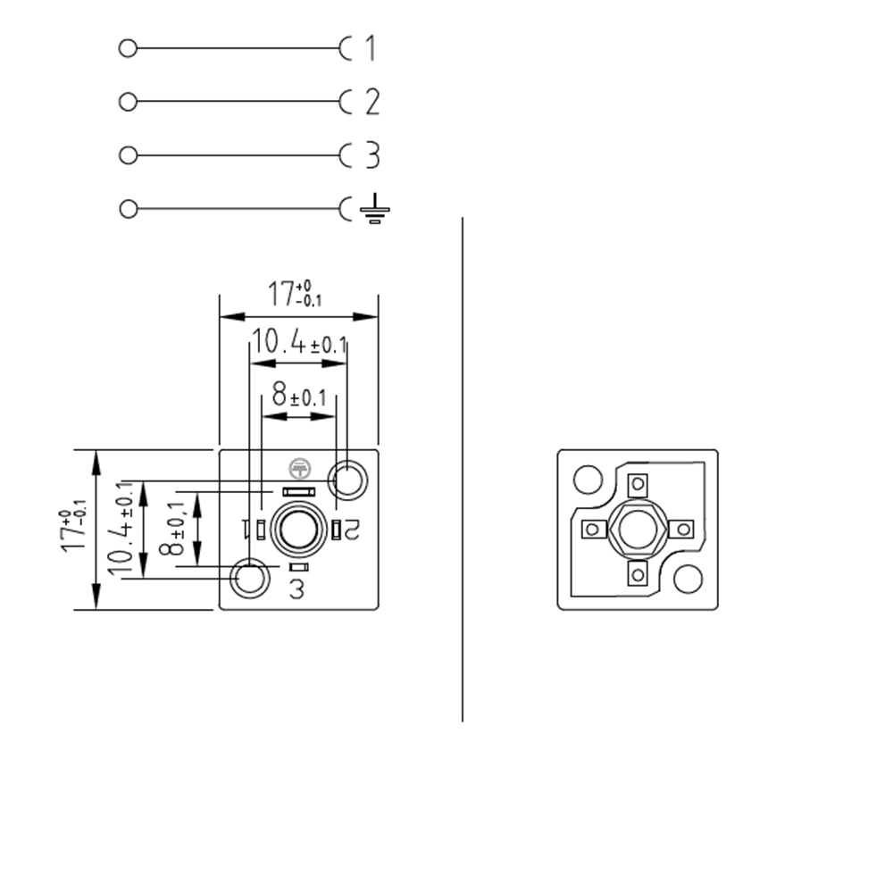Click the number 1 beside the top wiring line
click(371, 48)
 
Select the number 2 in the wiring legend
click(372, 102)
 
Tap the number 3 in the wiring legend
click(372, 155)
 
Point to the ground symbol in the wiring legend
click(374, 209)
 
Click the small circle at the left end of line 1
click(128, 48)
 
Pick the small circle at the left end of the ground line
click(128, 209)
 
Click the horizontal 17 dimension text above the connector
click(295, 294)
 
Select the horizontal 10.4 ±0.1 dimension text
click(298, 343)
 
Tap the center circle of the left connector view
click(299, 530)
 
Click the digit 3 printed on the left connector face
click(297, 589)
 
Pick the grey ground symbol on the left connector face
click(298, 466)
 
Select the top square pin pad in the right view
click(637, 485)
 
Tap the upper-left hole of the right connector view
click(588, 480)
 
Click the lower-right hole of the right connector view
click(688, 579)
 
